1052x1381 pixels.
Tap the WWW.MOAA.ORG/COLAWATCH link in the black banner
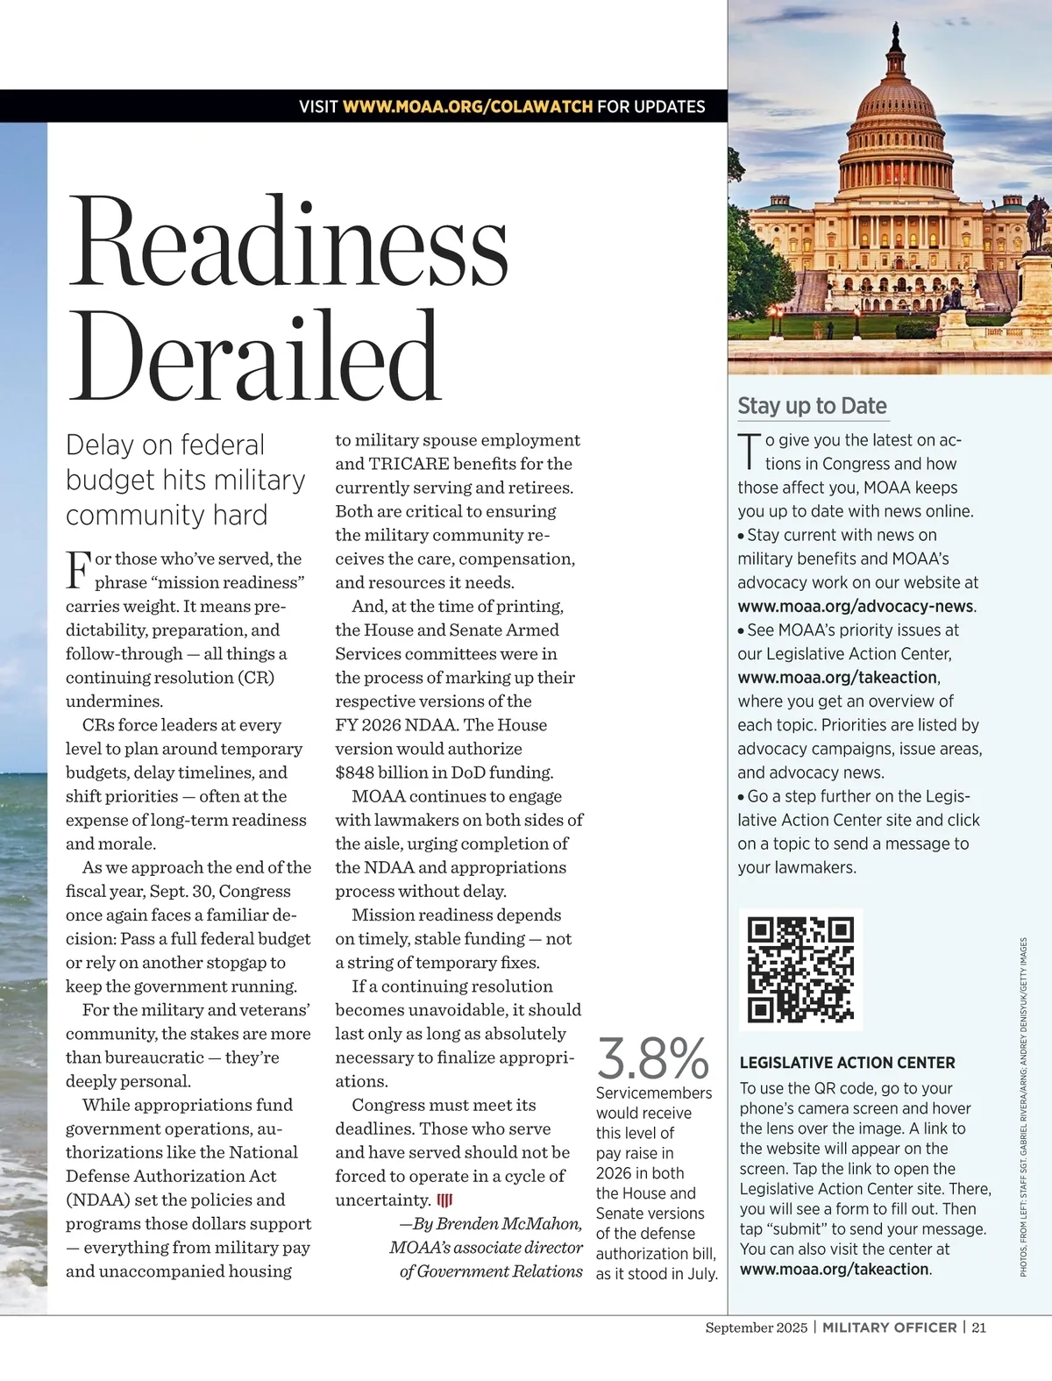coord(467,107)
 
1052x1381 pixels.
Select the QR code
coord(800,969)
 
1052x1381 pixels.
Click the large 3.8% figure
coord(652,1058)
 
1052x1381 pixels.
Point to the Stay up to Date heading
coord(812,406)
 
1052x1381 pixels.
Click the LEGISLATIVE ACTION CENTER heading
coord(847,1063)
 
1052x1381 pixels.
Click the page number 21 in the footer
coord(978,1328)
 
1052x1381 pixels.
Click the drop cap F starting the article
coord(78,569)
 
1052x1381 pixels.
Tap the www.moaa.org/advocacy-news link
coord(856,606)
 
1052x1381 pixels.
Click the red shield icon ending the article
coord(444,1200)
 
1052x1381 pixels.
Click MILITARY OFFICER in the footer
coord(889,1328)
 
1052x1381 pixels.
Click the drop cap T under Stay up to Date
coord(749,451)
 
